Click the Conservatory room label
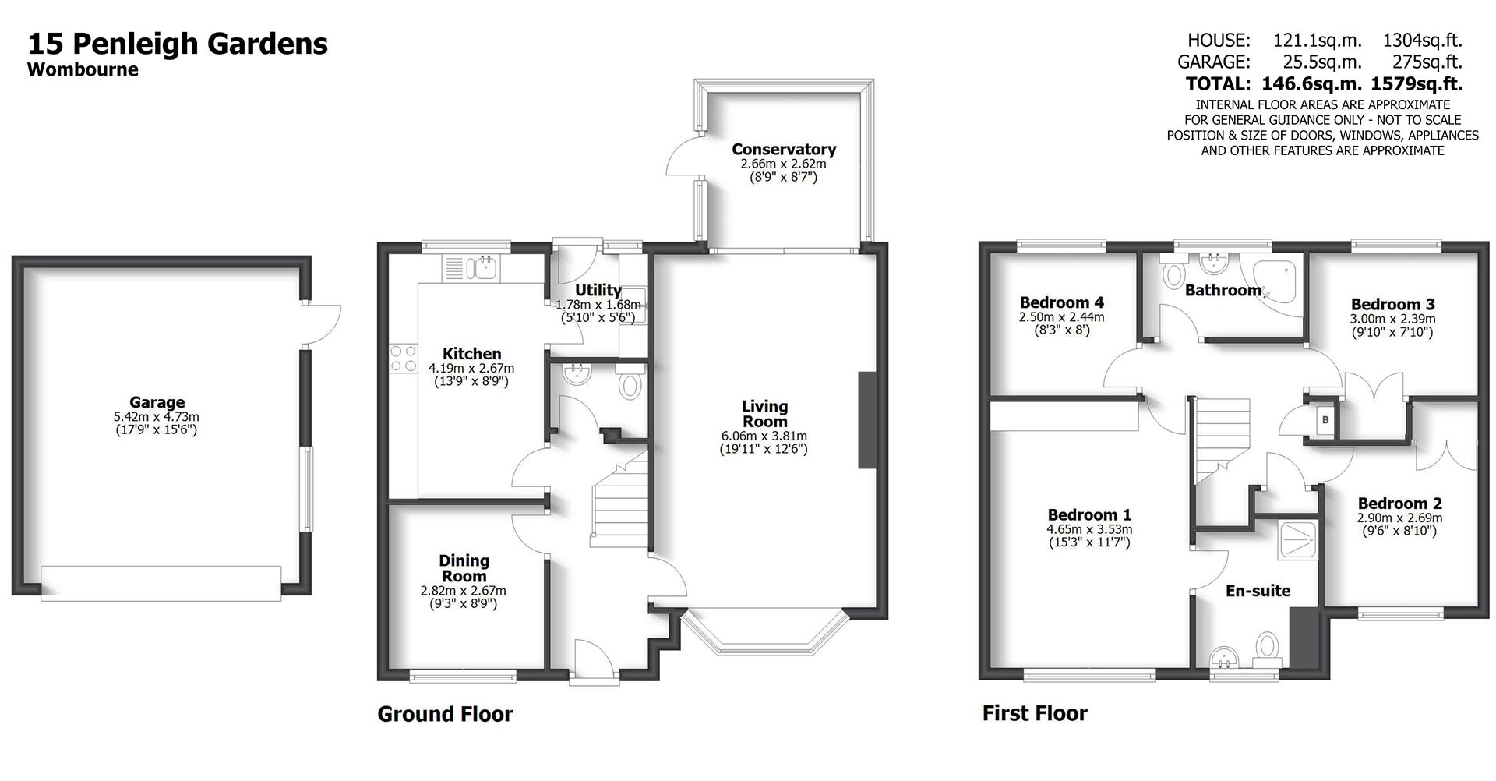point(783,149)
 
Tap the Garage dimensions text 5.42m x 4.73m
point(157,417)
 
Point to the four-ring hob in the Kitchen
point(403,359)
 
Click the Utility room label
point(598,290)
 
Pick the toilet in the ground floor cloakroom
point(630,385)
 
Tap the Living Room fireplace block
point(866,420)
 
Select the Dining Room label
point(464,568)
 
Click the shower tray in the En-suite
point(1297,539)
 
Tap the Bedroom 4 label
point(1061,302)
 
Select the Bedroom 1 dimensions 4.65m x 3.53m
point(1088,529)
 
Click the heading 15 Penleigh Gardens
point(178,43)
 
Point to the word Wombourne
point(83,69)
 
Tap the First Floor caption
point(1034,712)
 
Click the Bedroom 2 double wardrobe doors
point(1447,454)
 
